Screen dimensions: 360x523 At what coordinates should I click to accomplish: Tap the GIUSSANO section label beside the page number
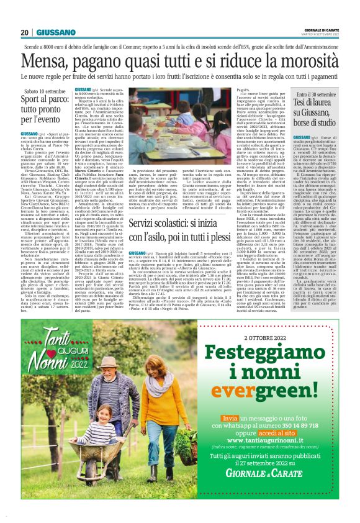(55, 32)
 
